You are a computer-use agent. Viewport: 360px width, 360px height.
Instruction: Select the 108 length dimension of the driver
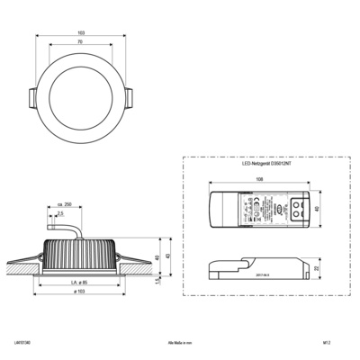[x=259, y=179]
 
